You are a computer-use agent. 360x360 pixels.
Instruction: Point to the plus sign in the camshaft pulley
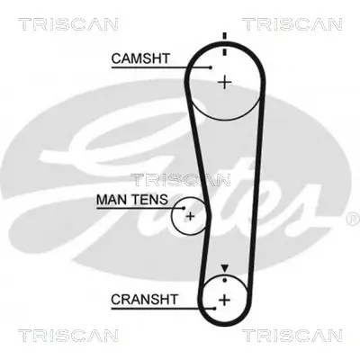[x=224, y=82]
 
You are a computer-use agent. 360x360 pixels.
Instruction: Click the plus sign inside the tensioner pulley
[x=190, y=216]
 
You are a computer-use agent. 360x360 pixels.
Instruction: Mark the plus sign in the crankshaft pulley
[x=224, y=299]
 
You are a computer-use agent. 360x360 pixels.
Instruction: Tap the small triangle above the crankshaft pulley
[x=224, y=267]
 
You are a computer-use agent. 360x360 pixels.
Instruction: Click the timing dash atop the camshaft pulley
[x=224, y=36]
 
